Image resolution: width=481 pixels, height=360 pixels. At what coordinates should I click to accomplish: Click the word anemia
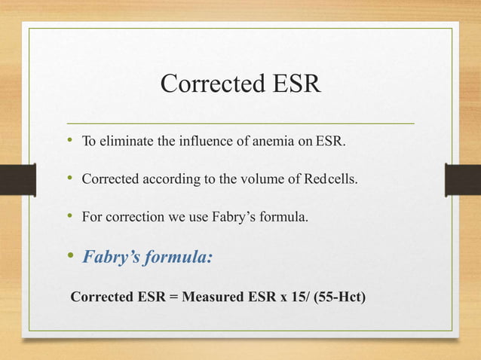[270, 140]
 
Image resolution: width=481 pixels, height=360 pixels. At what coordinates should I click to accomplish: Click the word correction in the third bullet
[135, 218]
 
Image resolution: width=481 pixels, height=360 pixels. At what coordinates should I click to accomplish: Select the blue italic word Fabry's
[112, 258]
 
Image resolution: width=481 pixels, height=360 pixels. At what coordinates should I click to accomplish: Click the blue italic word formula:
[180, 258]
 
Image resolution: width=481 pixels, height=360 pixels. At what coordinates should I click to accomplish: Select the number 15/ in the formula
[295, 297]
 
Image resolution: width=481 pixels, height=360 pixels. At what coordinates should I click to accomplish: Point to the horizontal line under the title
[240, 122]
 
